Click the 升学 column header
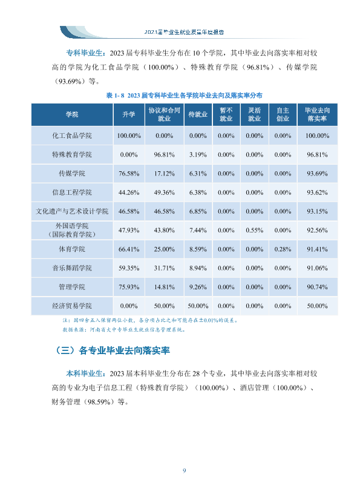(129, 114)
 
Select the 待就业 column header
(198, 114)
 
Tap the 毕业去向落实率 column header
(317, 114)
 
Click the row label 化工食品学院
(72, 136)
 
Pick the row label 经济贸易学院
(72, 306)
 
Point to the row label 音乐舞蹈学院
(72, 268)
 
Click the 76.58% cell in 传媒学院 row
(129, 174)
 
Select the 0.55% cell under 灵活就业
(254, 231)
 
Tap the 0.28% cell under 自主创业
(283, 249)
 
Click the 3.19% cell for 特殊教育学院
(198, 155)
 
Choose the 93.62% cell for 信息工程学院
(317, 192)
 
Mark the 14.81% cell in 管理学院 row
(164, 287)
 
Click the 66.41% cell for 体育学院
(129, 249)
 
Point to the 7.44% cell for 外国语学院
(198, 231)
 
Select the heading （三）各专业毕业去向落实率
(112, 350)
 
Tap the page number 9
(184, 471)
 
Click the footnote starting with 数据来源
(124, 330)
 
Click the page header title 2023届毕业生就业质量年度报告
(184, 32)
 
